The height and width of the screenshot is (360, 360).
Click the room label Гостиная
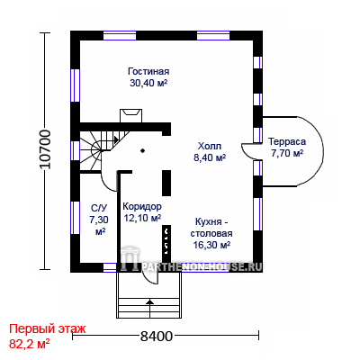click(148, 71)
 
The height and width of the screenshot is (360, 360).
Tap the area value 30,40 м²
click(148, 83)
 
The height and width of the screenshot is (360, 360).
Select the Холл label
click(210, 146)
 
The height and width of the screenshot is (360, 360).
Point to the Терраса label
click(287, 141)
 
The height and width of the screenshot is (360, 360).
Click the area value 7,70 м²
click(287, 153)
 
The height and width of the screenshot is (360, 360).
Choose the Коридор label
click(142, 207)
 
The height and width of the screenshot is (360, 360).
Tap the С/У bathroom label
click(99, 208)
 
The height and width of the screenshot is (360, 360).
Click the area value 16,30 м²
click(211, 245)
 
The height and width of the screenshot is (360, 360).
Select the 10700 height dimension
click(45, 149)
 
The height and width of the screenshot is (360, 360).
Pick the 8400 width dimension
click(157, 337)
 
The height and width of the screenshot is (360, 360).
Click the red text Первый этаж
click(48, 328)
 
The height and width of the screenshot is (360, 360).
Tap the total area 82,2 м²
click(30, 344)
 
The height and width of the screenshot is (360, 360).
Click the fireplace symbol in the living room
click(131, 116)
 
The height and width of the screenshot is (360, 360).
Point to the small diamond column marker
click(143, 150)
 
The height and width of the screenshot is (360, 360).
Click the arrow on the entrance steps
click(149, 307)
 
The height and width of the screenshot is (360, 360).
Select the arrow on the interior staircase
click(116, 139)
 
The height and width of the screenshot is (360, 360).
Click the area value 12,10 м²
click(142, 218)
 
